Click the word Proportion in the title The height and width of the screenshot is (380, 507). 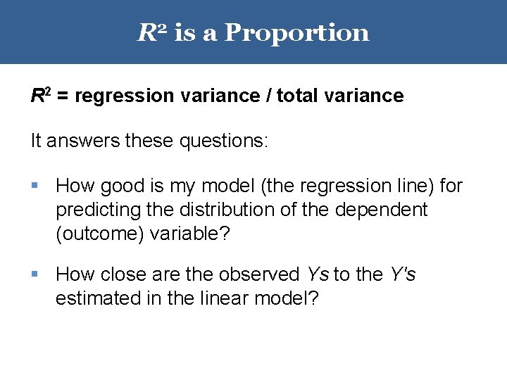click(x=296, y=33)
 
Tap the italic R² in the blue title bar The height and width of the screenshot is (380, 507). click(x=151, y=32)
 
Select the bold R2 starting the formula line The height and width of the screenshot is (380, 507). click(x=40, y=96)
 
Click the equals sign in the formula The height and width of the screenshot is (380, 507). click(x=63, y=96)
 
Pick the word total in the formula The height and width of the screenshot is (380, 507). click(x=298, y=96)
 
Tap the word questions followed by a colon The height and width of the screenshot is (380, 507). click(x=225, y=141)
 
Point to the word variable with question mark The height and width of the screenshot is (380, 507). click(x=189, y=234)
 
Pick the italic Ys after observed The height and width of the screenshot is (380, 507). click(x=318, y=274)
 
